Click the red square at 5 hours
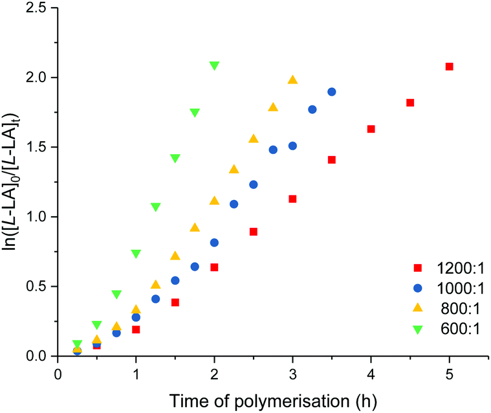(x=449, y=67)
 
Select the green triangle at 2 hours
(x=214, y=65)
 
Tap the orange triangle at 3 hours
(x=292, y=80)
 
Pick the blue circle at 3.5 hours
(x=332, y=92)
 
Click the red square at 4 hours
(x=371, y=129)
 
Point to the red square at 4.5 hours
(x=410, y=103)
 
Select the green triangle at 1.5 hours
(x=175, y=158)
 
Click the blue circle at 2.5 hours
(x=254, y=184)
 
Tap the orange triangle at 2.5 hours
(x=254, y=139)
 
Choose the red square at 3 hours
(x=292, y=199)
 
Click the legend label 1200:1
(x=457, y=267)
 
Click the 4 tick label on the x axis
(x=371, y=374)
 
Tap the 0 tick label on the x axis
(x=58, y=374)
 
